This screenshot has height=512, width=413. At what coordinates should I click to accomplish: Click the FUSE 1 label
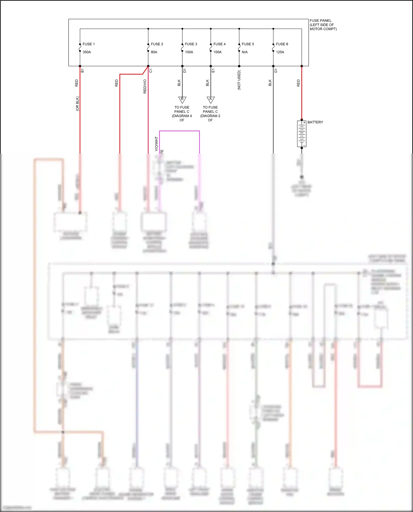click(x=88, y=44)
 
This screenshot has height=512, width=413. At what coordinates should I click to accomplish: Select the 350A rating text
click(x=87, y=52)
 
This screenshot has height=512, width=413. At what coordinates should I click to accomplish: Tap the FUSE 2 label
click(x=157, y=44)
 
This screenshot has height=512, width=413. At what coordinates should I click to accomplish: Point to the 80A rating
click(x=154, y=52)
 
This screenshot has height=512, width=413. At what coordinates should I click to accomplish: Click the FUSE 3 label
click(x=191, y=44)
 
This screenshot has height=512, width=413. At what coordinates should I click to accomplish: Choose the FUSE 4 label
click(x=219, y=44)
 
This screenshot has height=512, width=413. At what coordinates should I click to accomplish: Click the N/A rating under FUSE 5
click(x=244, y=52)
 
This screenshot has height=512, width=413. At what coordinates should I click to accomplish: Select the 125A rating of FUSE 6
click(x=280, y=52)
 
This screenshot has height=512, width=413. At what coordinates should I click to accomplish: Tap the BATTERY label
click(x=315, y=122)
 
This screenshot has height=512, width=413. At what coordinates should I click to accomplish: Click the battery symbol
click(x=302, y=134)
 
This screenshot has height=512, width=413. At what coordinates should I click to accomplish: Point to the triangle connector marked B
click(x=182, y=99)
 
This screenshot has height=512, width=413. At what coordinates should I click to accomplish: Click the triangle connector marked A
click(x=211, y=99)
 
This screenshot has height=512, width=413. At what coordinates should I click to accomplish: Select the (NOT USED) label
click(x=239, y=80)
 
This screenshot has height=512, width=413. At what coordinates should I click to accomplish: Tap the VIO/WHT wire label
click(x=156, y=144)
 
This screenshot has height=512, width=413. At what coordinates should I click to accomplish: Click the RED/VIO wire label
click(x=145, y=86)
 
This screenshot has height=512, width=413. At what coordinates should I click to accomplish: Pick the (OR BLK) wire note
click(x=77, y=103)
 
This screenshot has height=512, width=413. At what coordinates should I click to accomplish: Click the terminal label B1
click(x=82, y=71)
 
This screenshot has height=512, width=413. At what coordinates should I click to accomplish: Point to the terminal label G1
click(x=276, y=71)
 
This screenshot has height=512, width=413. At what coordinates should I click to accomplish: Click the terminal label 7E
click(x=162, y=151)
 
